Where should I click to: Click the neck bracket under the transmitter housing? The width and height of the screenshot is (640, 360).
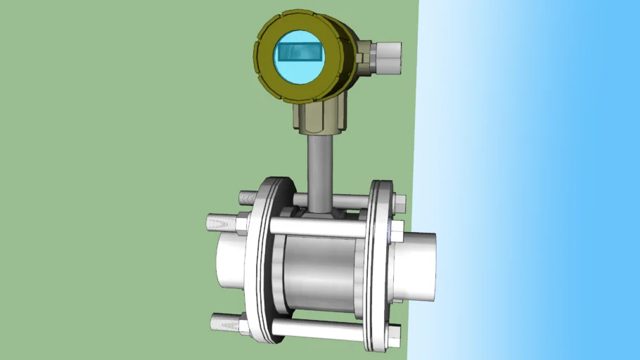[x=320, y=115]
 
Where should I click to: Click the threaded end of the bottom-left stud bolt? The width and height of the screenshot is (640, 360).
[x=222, y=322]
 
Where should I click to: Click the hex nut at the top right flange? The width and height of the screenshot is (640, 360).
[x=398, y=203]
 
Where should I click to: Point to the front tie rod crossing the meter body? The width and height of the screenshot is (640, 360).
[x=316, y=227]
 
